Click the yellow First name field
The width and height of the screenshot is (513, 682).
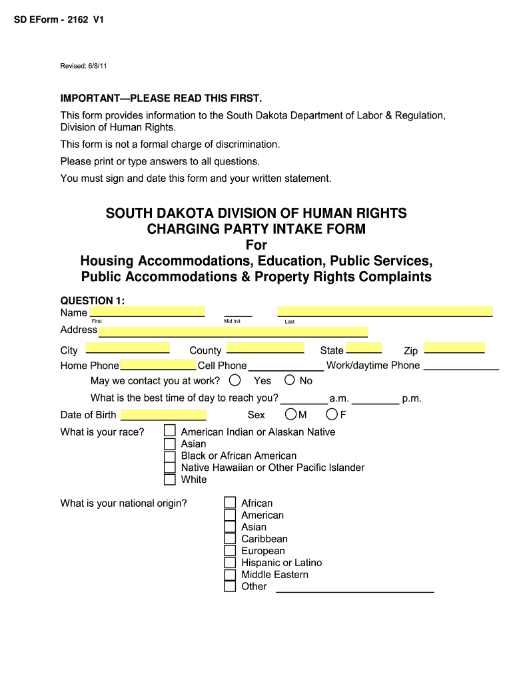[147, 312]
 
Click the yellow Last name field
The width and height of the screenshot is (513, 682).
[385, 311]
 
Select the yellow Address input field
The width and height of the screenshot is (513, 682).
[233, 332]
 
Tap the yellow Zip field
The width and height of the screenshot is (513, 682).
[454, 348]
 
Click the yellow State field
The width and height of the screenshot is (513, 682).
[364, 348]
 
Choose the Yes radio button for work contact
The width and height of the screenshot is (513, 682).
[235, 380]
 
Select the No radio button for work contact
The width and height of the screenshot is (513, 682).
[290, 380]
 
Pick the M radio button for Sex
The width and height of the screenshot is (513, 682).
[290, 414]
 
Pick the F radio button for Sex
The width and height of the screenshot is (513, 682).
[331, 414]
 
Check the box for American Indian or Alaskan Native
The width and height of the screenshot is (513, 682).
[170, 431]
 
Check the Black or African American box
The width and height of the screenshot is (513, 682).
[170, 456]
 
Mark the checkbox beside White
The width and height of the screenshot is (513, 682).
[170, 480]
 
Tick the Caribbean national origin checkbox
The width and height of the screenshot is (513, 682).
[230, 539]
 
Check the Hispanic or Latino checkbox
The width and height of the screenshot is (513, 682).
[230, 563]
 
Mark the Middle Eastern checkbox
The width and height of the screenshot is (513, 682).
[230, 575]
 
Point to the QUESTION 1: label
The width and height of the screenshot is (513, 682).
[93, 301]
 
